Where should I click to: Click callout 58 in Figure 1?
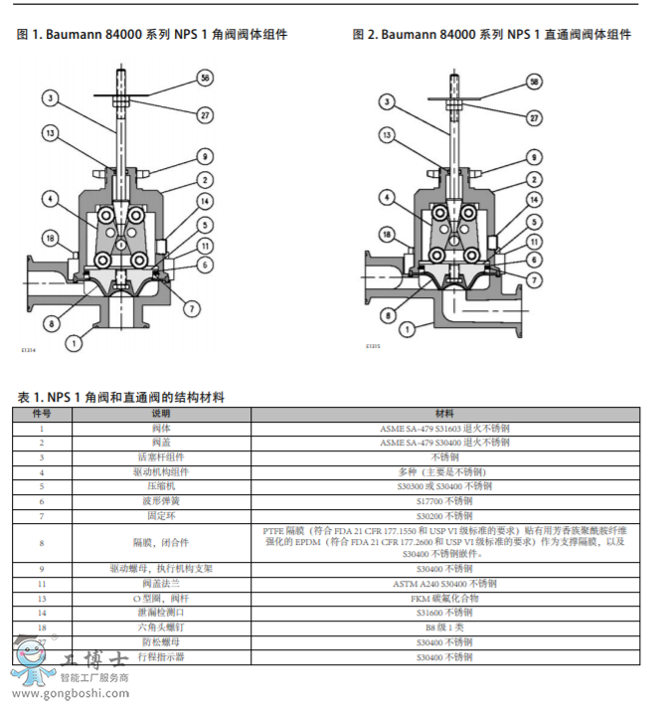click(205, 77)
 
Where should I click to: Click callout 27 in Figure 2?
click(533, 116)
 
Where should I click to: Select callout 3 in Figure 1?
click(50, 97)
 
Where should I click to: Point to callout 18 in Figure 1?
click(50, 237)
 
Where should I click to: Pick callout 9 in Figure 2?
click(533, 157)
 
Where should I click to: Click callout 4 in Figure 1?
click(50, 199)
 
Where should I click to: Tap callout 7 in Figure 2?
click(533, 279)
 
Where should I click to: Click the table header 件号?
click(42, 413)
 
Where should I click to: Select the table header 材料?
click(444, 413)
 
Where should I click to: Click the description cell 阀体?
click(161, 428)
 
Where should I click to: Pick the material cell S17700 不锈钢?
click(444, 501)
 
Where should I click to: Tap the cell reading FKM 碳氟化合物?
click(444, 599)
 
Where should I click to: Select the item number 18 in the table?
click(42, 628)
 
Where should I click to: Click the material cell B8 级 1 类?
click(444, 628)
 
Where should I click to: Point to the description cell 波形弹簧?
click(161, 501)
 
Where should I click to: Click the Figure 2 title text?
click(491, 34)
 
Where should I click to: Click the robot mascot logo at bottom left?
click(31, 661)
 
